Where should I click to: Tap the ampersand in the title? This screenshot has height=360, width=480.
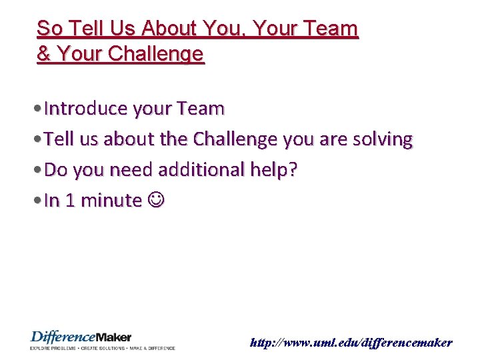pos(44,54)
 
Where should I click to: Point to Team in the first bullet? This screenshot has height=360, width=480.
pos(201,108)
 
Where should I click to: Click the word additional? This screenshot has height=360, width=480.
pos(201,170)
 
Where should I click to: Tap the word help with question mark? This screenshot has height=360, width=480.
pos(273,170)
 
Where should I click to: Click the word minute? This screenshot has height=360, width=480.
pos(113,201)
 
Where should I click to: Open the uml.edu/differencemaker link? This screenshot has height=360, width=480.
pos(351,343)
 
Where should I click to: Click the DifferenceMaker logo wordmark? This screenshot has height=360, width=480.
pos(81,337)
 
